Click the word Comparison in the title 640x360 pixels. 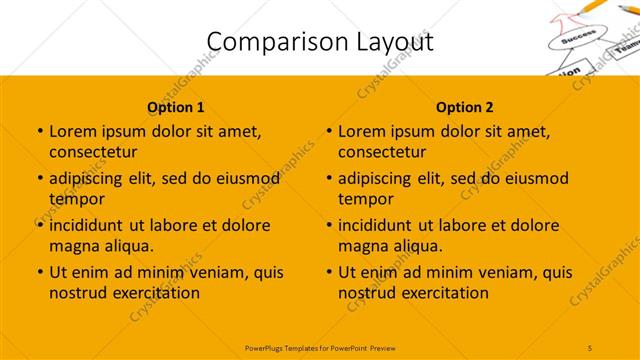pyautogui.click(x=264, y=42)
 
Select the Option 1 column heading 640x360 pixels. pyautogui.click(x=176, y=107)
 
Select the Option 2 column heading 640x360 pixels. pyautogui.click(x=465, y=107)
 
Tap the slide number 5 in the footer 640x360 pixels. pyautogui.click(x=590, y=347)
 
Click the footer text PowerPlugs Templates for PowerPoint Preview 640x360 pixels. pyautogui.click(x=320, y=347)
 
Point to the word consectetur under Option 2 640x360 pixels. pyautogui.click(x=382, y=152)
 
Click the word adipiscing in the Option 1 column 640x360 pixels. pyautogui.click(x=93, y=179)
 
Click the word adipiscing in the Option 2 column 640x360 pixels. pyautogui.click(x=382, y=179)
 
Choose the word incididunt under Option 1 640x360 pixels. pyautogui.click(x=92, y=225)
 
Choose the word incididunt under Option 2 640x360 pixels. pyautogui.click(x=381, y=225)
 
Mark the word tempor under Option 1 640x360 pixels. pyautogui.click(x=75, y=199)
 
